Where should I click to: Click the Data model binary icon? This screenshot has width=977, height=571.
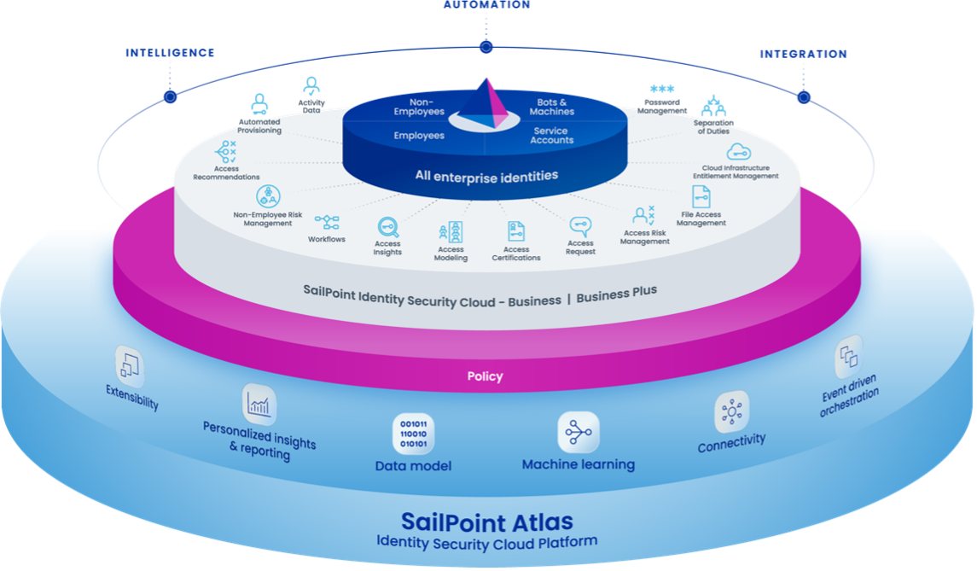414,434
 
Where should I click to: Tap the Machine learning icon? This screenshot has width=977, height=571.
579,431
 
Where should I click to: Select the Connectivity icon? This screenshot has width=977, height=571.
731,412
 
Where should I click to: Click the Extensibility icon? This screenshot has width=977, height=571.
130,366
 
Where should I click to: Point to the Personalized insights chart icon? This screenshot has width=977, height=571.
259,405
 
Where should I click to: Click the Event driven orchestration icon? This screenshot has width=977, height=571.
849,357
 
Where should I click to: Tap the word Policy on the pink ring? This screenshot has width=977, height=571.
485,376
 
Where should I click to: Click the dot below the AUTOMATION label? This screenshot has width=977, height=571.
486,47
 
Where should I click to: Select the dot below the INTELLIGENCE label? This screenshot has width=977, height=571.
170,96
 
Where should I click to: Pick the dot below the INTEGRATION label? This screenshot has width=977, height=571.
804,97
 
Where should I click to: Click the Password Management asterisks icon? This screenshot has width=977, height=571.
662,89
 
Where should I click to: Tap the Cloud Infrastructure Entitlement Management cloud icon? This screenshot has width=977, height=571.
738,151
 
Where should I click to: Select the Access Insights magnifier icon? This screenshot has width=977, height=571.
387,227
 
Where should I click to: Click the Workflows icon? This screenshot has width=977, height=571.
327,222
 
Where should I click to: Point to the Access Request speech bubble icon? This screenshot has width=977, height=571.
580,226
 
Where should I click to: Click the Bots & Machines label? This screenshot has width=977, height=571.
552,107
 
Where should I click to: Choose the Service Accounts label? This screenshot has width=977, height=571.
551,135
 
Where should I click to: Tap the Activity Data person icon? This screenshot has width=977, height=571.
311,86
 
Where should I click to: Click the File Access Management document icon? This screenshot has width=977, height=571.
701,197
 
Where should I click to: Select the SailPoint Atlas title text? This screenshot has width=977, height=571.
486,521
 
